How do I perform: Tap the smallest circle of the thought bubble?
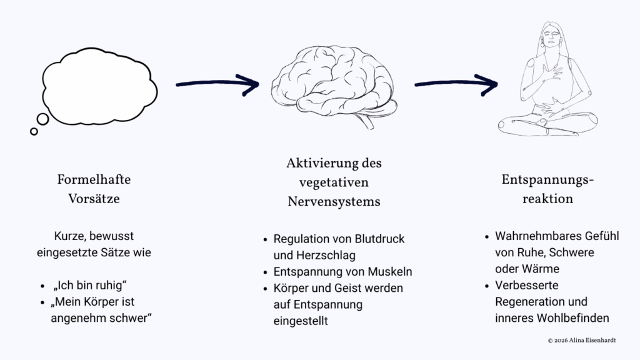pyautogui.click(x=34, y=131)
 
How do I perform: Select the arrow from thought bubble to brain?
pyautogui.click(x=216, y=82)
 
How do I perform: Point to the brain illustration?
pyautogui.click(x=335, y=84)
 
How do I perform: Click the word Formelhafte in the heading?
pyautogui.click(x=94, y=179)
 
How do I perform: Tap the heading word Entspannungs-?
pyautogui.click(x=547, y=180)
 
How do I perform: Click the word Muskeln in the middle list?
pyautogui.click(x=390, y=272)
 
